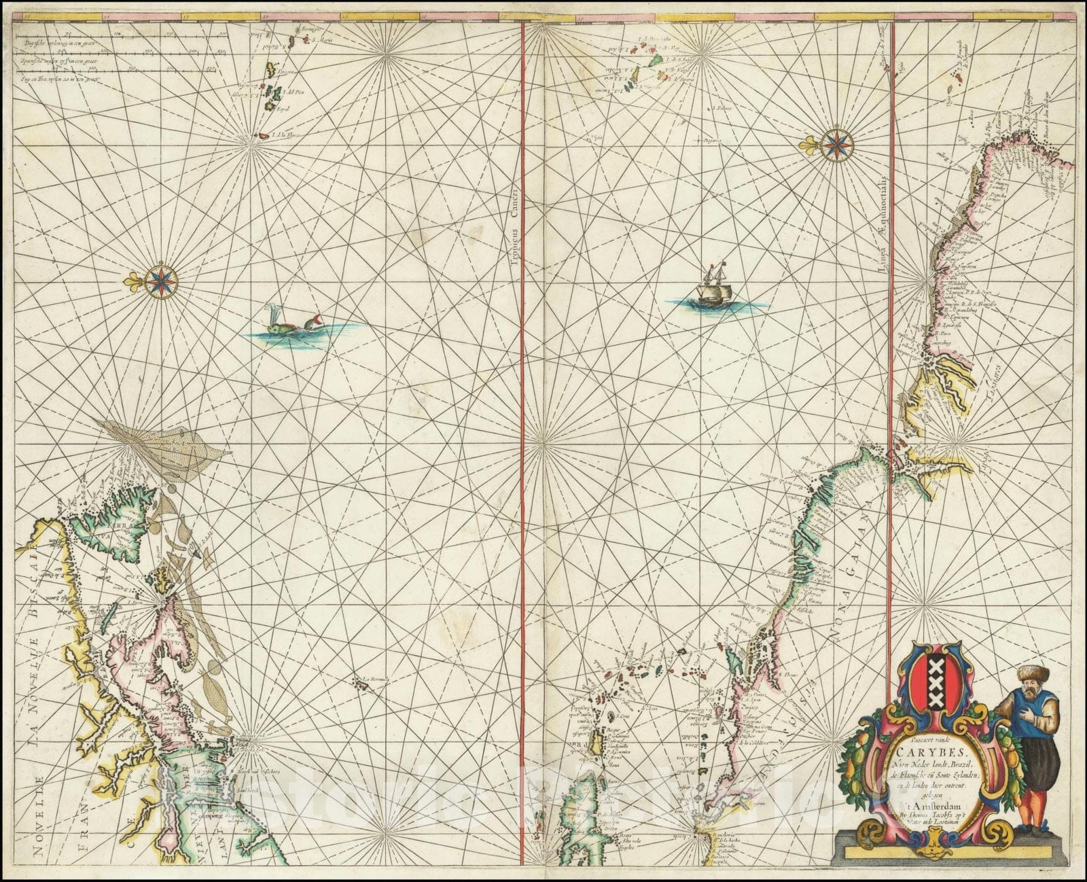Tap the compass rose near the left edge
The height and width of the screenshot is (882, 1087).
[x=161, y=279]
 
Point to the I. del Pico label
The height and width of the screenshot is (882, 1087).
[x=291, y=92]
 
